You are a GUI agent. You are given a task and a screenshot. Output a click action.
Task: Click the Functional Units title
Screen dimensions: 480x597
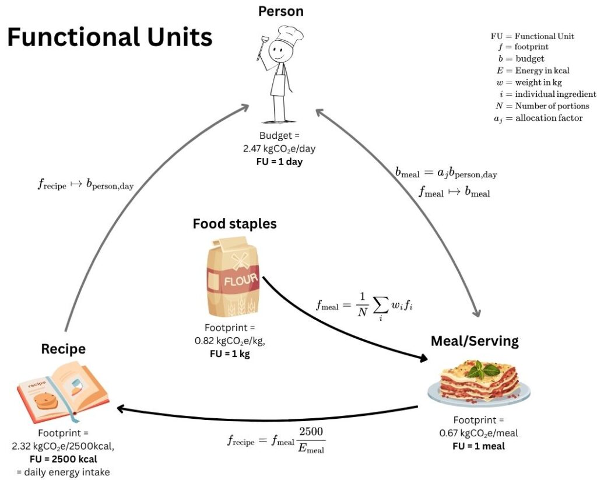click(110, 37)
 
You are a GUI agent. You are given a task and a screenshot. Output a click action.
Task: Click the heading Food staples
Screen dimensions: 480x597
click(234, 223)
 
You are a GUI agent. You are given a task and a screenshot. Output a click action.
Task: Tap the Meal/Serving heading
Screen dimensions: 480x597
click(475, 341)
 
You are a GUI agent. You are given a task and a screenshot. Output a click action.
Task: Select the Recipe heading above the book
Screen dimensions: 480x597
click(63, 349)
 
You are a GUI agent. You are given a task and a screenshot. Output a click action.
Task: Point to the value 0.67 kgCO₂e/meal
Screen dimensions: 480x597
click(479, 433)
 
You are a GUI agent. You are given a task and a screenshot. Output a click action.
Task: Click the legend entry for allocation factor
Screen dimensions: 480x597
click(538, 118)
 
